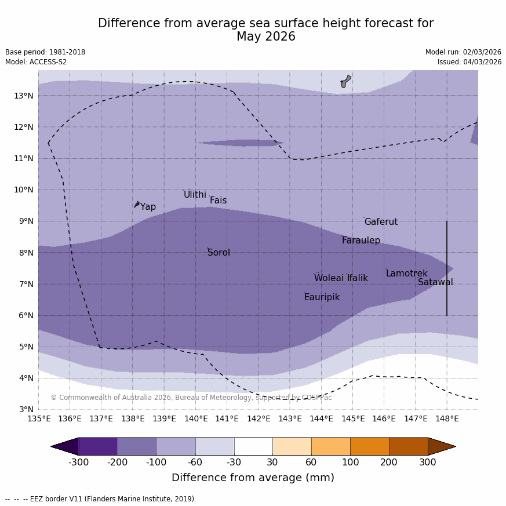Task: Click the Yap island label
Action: click(x=148, y=207)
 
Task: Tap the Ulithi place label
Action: click(x=195, y=195)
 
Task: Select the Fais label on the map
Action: click(x=218, y=201)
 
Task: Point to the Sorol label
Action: click(x=219, y=253)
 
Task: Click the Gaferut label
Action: click(x=381, y=222)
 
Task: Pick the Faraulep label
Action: click(x=361, y=241)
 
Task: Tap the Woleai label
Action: click(x=328, y=278)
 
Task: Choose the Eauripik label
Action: click(x=322, y=297)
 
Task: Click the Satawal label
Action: click(x=435, y=282)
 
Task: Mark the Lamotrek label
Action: click(x=406, y=274)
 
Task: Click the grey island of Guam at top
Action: click(x=345, y=81)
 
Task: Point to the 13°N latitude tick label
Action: click(x=23, y=96)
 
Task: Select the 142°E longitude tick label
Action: click(x=259, y=418)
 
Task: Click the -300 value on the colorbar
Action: click(x=78, y=462)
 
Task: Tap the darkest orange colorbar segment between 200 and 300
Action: click(x=408, y=446)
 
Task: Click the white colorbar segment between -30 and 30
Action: click(x=253, y=446)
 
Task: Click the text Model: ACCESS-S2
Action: click(x=36, y=62)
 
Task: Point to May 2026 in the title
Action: click(x=265, y=37)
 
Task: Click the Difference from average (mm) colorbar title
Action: click(x=253, y=478)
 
